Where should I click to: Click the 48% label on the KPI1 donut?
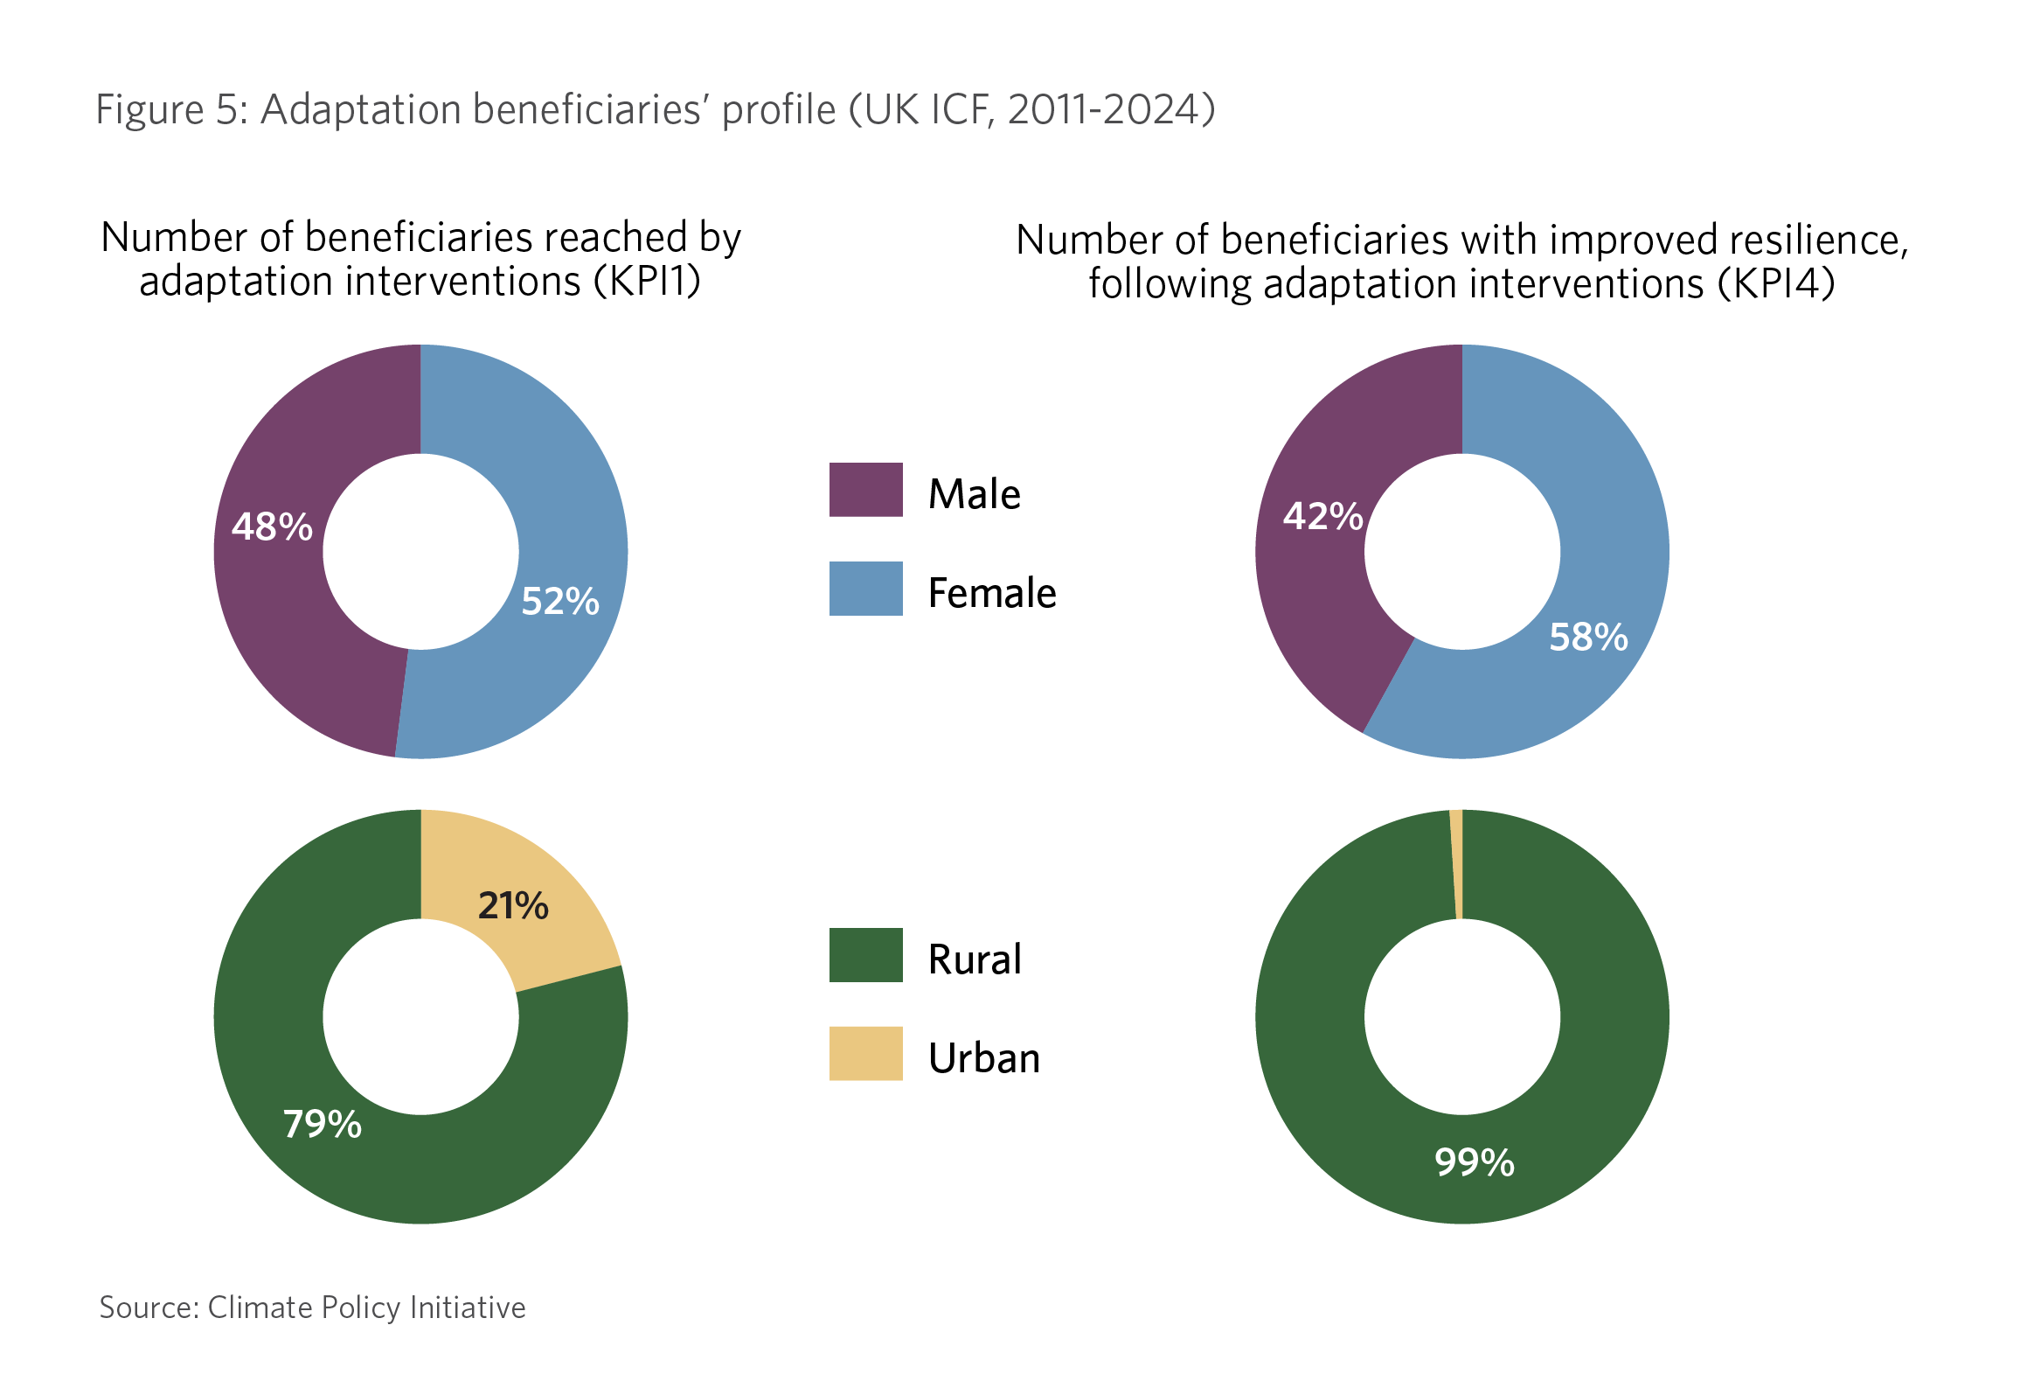click(272, 527)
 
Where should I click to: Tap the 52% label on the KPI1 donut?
click(560, 602)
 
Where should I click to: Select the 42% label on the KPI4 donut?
click(1322, 517)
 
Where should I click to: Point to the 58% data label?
click(1588, 638)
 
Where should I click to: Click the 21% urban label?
click(513, 906)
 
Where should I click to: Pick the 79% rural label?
click(323, 1125)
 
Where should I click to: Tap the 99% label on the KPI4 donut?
click(1475, 1162)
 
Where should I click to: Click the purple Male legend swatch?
click(865, 490)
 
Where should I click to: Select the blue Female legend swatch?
click(865, 589)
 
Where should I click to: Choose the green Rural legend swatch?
click(865, 955)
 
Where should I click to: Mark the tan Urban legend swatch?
click(865, 1054)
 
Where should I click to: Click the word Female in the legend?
click(992, 593)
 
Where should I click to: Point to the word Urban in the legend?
click(984, 1058)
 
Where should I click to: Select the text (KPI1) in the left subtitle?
click(648, 282)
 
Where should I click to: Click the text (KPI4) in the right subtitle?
click(1776, 284)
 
